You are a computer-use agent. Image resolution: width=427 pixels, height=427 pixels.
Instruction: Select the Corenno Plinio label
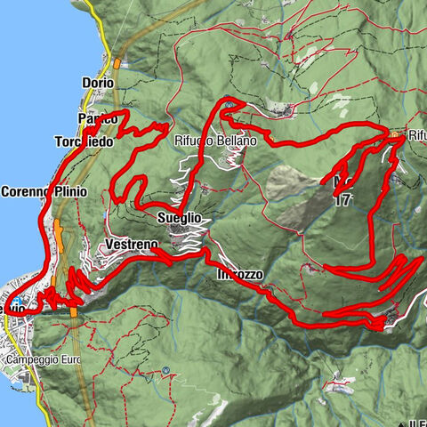(44, 191)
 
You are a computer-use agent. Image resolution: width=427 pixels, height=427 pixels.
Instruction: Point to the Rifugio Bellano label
(215, 141)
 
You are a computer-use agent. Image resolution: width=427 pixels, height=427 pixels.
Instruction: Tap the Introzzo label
(239, 275)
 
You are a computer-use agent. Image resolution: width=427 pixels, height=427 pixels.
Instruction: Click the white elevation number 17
(344, 201)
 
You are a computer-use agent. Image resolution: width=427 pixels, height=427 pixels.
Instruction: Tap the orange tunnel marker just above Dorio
(117, 62)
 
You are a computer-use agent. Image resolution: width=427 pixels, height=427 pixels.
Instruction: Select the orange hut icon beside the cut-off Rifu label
(394, 133)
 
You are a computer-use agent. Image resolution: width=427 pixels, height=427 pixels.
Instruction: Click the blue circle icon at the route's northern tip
(230, 104)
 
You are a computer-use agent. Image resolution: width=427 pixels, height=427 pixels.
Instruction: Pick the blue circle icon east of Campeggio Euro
(166, 370)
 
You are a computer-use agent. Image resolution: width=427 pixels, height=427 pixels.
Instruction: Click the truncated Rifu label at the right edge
(417, 135)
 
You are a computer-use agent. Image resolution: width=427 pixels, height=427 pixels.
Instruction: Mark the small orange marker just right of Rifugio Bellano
(268, 141)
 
